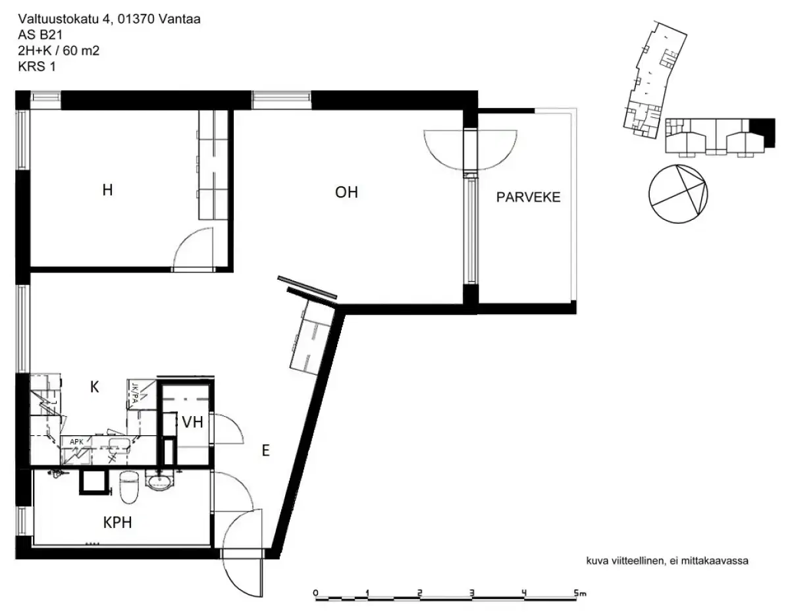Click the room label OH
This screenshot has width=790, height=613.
(x=346, y=193)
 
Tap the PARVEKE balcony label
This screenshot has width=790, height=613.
(x=528, y=197)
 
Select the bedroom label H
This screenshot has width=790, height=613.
(x=107, y=191)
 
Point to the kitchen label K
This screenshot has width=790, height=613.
(x=94, y=388)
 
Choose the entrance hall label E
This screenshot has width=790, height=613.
(x=265, y=450)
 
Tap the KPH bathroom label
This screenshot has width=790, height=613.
(x=118, y=523)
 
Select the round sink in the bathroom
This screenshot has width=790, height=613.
(x=159, y=484)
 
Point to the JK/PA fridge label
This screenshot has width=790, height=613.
(x=134, y=392)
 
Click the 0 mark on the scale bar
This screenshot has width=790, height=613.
(x=316, y=593)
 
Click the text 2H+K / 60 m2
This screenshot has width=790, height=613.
(x=59, y=50)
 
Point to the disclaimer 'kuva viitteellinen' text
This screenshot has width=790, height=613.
(x=668, y=561)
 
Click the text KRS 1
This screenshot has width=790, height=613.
(x=37, y=65)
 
